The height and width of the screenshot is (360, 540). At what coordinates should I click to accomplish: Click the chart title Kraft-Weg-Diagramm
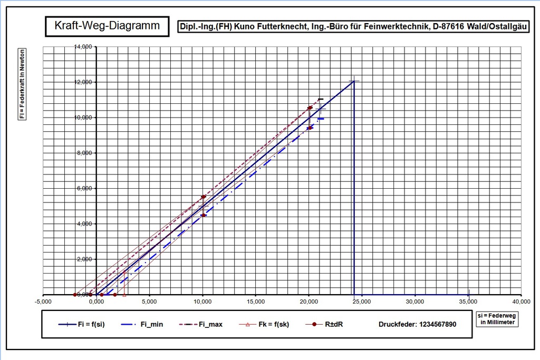tap(107, 25)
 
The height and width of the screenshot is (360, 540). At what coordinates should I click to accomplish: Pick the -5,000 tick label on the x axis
tap(43, 302)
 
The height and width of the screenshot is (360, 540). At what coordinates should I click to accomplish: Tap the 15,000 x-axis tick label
tap(255, 302)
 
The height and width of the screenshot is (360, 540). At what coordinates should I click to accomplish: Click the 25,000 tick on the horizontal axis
tap(362, 302)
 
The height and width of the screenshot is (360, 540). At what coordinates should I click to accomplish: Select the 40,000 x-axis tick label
tap(521, 302)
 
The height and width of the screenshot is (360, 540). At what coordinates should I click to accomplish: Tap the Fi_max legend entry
tap(208, 324)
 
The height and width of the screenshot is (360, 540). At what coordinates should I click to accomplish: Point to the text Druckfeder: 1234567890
tap(417, 324)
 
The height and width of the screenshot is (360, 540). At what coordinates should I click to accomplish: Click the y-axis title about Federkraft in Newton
tap(22, 84)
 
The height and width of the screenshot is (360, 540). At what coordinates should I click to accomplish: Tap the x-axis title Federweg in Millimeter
tap(497, 318)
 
